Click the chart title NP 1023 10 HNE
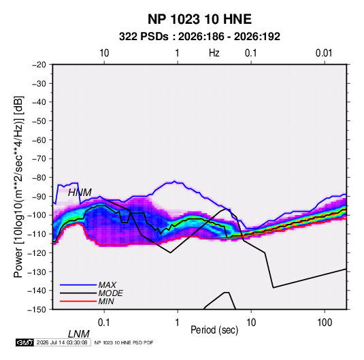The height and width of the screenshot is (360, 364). tap(199, 19)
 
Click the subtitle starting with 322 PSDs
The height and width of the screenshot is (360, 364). tap(199, 37)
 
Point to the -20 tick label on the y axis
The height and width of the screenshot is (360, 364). tap(39, 65)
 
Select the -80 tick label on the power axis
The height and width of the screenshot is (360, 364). tap(39, 178)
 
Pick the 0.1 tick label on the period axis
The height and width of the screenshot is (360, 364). tap(104, 322)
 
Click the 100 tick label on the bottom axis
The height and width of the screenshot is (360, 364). tap(325, 322)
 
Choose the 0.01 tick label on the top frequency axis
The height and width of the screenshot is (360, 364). tap(324, 53)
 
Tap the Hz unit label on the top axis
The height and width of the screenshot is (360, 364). tap(214, 53)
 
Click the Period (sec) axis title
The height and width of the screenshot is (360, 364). tap(214, 330)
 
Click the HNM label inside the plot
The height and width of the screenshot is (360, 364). tap(80, 193)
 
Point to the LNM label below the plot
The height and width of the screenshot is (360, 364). tap(79, 334)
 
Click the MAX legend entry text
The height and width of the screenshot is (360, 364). tap(107, 285)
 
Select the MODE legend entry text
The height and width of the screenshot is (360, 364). tap(110, 293)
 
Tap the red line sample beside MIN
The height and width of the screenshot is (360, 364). tap(78, 301)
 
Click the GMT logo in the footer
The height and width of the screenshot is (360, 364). tap(24, 342)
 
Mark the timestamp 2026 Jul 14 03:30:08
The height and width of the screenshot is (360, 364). tap(62, 342)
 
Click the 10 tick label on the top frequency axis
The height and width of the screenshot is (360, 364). tap(104, 53)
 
